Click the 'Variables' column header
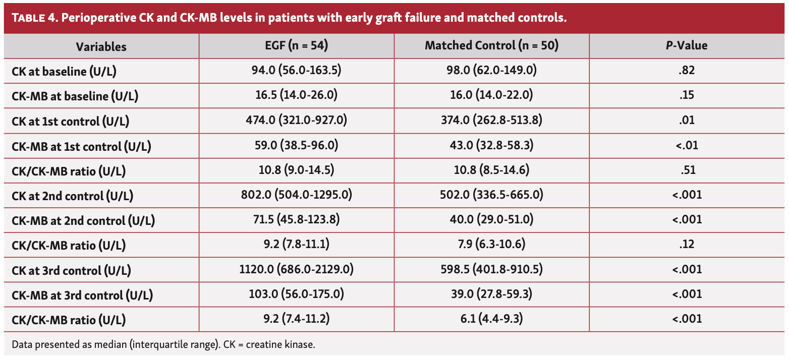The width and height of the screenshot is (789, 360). pos(101,46)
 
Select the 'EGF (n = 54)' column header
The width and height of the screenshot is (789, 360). pos(296,46)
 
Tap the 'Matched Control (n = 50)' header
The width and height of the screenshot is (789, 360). pos(491,46)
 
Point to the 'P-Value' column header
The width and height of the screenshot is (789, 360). pos(687,46)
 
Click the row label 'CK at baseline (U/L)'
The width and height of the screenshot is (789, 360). pos(64,71)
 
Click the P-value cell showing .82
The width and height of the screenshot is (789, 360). pos(687,71)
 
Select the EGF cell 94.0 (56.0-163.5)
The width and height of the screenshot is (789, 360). pos(296,71)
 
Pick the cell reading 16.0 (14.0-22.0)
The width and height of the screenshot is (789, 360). pos(491,95)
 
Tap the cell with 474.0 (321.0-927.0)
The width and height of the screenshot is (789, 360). pos(296,121)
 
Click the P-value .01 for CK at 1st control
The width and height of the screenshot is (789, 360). pos(687,121)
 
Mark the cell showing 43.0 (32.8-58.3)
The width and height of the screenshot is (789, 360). pos(491,146)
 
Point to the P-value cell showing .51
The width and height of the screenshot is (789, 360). pos(687,170)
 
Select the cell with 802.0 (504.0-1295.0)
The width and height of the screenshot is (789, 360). pos(296,195)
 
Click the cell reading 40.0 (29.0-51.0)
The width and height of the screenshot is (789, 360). pos(491,220)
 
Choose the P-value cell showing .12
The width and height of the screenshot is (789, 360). pos(687,245)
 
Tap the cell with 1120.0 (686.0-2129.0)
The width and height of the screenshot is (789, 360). pos(296,270)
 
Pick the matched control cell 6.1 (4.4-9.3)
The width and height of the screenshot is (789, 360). pos(491,319)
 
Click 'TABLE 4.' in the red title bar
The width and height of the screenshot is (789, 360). pos(36,19)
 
